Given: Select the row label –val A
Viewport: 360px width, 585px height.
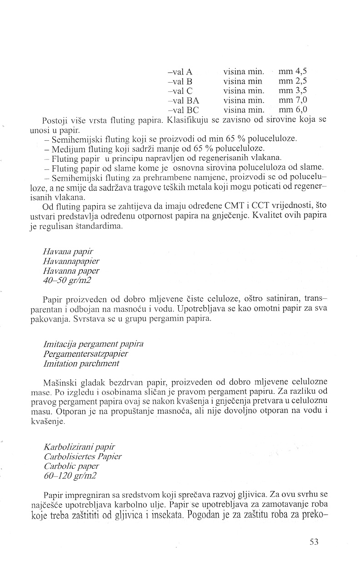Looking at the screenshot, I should pos(180,72).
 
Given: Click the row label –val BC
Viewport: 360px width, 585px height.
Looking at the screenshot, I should pos(183,109).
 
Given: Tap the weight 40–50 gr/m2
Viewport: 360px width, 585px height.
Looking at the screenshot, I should pos(67,280).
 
